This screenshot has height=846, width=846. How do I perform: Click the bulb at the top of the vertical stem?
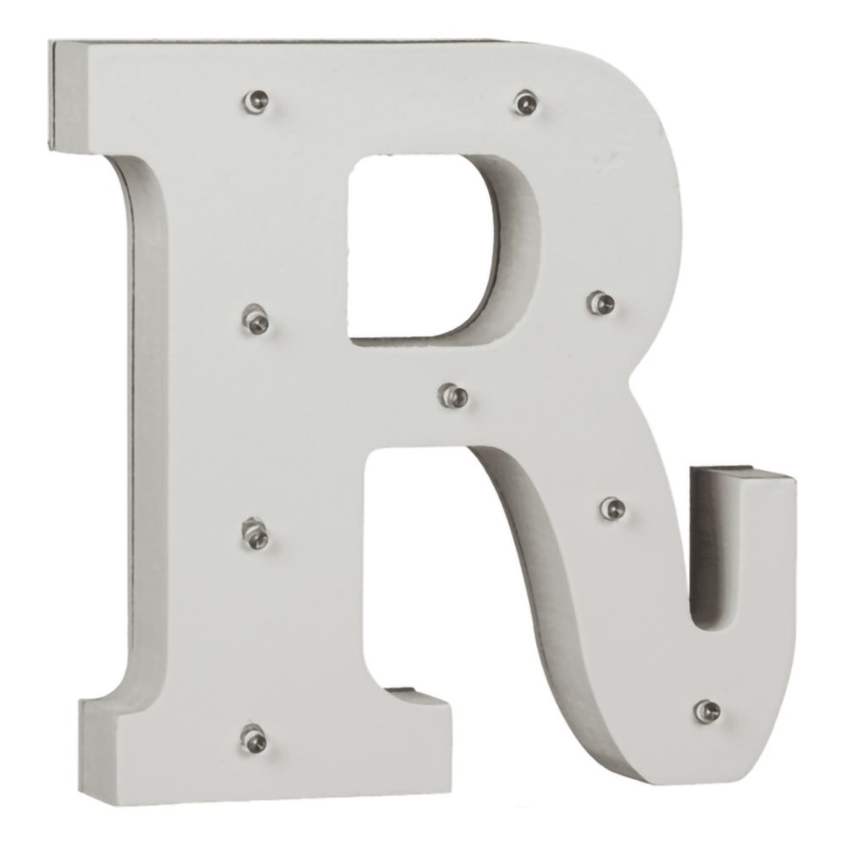[x=255, y=101]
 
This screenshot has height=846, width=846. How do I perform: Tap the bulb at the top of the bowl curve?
[x=526, y=102]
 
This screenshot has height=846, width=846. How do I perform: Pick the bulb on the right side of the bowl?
[x=602, y=303]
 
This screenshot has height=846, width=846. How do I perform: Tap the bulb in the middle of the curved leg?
[x=613, y=507]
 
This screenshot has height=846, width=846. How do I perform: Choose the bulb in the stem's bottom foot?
[x=253, y=738]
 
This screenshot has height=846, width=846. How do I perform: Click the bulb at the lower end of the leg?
[x=707, y=711]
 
